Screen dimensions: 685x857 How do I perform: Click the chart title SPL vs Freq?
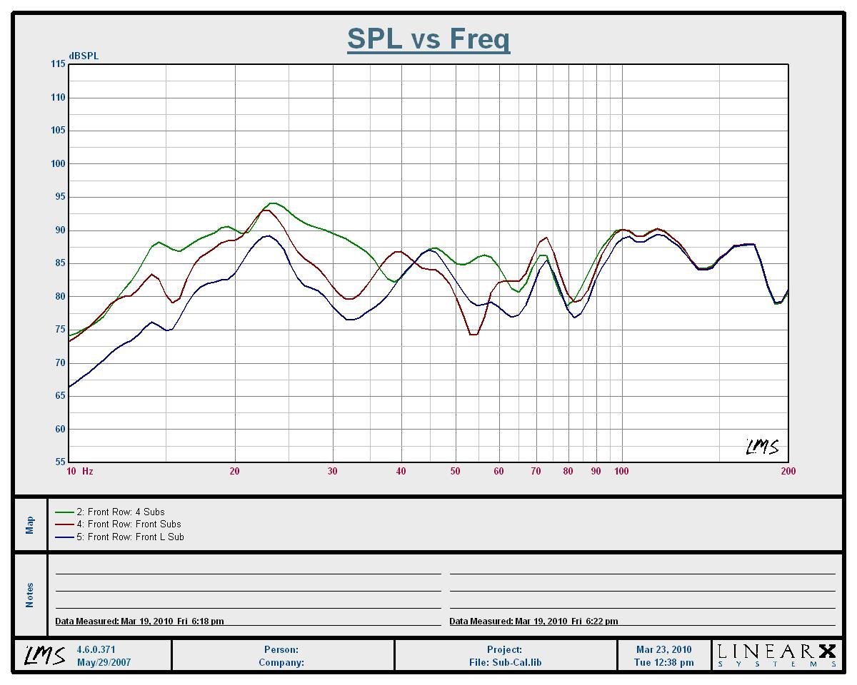(x=428, y=39)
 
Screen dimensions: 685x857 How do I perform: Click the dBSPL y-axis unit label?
(x=84, y=56)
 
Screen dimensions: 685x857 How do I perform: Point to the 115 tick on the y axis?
(x=57, y=64)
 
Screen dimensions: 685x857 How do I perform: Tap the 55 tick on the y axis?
(x=59, y=462)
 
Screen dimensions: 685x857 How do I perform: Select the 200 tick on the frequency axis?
(x=788, y=471)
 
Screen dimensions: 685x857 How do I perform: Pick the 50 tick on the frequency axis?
(x=456, y=471)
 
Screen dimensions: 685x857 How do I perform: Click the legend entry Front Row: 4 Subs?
(x=125, y=512)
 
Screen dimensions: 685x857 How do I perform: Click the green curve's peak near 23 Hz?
(x=272, y=203)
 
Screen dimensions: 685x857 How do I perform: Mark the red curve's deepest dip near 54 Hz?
(x=473, y=334)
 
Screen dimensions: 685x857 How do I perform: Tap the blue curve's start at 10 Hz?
(x=69, y=387)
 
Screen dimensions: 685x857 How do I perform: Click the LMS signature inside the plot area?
(x=762, y=447)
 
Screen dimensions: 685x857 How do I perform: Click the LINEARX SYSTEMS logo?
(x=776, y=655)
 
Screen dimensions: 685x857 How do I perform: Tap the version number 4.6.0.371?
(x=96, y=650)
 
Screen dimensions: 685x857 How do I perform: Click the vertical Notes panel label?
(x=30, y=595)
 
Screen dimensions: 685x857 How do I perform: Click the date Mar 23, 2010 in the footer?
(x=664, y=650)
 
